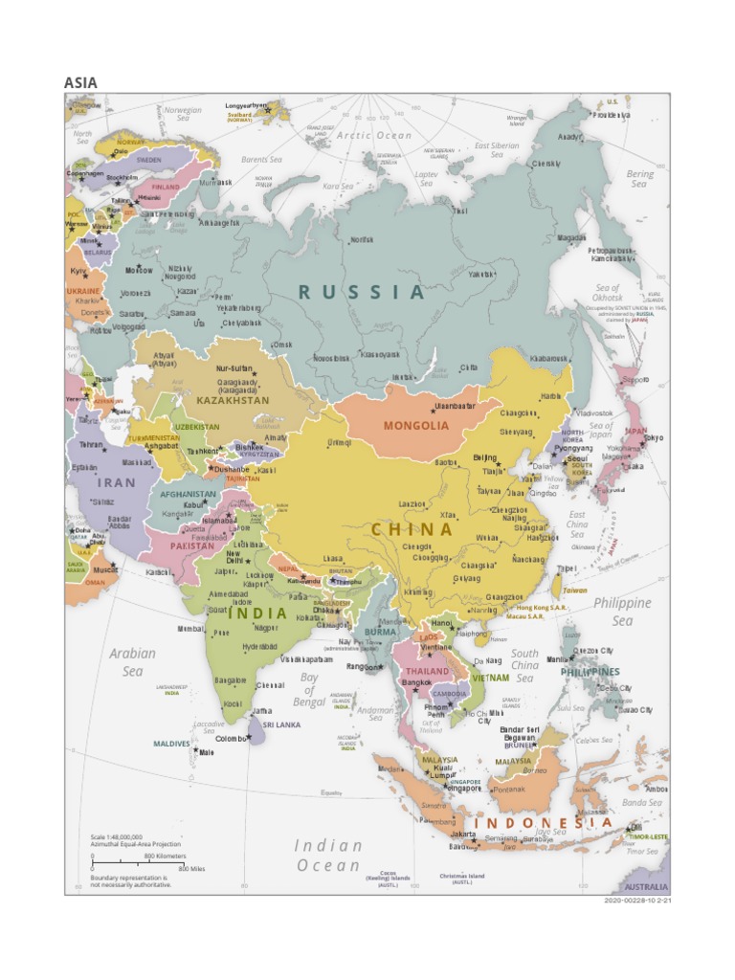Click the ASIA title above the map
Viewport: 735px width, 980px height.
[80, 82]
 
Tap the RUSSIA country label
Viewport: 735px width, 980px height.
[361, 293]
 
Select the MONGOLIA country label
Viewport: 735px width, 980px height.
[415, 426]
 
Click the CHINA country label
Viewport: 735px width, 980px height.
[412, 529]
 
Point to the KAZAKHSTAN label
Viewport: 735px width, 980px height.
[233, 400]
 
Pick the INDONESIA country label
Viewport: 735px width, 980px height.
[543, 823]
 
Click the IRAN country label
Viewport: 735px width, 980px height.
[117, 483]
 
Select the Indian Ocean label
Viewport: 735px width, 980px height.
[328, 856]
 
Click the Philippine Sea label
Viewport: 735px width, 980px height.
[622, 612]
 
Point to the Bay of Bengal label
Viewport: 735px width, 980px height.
[309, 690]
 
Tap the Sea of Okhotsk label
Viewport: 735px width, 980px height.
[608, 293]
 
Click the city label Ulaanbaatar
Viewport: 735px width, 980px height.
[455, 406]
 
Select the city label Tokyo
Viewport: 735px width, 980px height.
[653, 438]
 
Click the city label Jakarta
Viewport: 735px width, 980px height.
[463, 835]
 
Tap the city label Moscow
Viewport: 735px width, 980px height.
[139, 271]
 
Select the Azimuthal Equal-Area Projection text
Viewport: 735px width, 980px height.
[135, 844]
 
